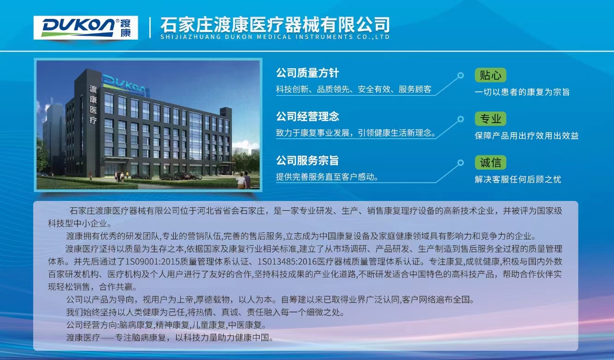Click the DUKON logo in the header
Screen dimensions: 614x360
pos(86,27)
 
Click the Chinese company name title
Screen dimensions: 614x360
pos(275,25)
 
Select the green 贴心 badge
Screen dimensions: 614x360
pos(490,75)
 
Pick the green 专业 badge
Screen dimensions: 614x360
pos(490,119)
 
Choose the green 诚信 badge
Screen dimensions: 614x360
pos(490,162)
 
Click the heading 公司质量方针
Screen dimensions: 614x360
pos(307,73)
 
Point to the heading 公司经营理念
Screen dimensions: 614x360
pos(307,117)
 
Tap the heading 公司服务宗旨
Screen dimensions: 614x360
pos(307,160)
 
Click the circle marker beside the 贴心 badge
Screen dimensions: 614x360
pos(460,75)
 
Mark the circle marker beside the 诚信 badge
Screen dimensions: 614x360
pos(460,163)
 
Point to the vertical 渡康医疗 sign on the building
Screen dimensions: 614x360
pos(93,105)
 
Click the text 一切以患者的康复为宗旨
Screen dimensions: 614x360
pos(522,92)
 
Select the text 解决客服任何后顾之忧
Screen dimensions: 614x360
pos(518,179)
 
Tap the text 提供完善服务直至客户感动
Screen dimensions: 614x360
pos(327,177)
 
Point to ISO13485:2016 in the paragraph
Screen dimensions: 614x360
pos(287,261)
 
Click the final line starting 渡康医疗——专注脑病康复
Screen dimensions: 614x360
pos(170,337)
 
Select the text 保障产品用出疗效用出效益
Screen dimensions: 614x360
pos(526,136)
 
